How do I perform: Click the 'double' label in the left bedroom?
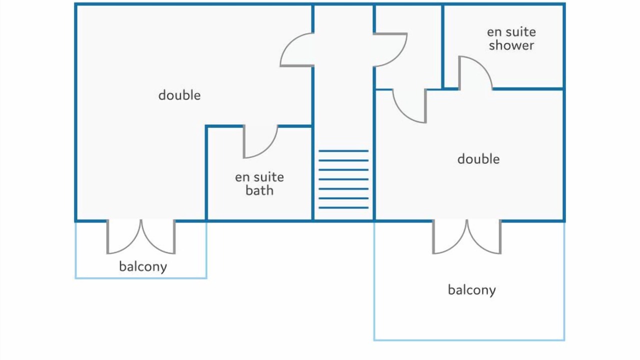pyautogui.click(x=179, y=95)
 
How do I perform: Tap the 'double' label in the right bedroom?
pyautogui.click(x=478, y=159)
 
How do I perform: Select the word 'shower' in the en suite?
pyautogui.click(x=511, y=45)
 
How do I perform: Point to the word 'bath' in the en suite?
pyautogui.click(x=259, y=190)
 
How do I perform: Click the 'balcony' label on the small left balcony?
pyautogui.click(x=142, y=266)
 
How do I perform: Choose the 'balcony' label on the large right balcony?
pyautogui.click(x=471, y=290)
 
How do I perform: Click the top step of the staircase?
pyautogui.click(x=343, y=150)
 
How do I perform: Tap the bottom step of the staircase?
pyautogui.click(x=343, y=207)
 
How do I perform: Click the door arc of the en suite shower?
pyautogui.click(x=475, y=73)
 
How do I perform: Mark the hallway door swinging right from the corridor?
pyautogui.click(x=390, y=49)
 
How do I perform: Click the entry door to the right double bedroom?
pyautogui.click(x=409, y=106)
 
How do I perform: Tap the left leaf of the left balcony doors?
pyautogui.click(x=123, y=237)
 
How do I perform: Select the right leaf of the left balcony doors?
pyautogui.click(x=158, y=237)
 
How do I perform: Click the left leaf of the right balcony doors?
pyautogui.click(x=449, y=237)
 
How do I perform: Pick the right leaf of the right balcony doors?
pyautogui.click(x=484, y=237)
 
